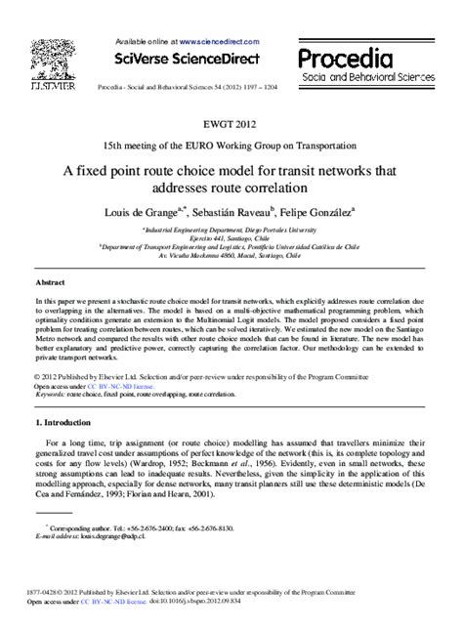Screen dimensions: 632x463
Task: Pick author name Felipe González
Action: coord(318,210)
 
